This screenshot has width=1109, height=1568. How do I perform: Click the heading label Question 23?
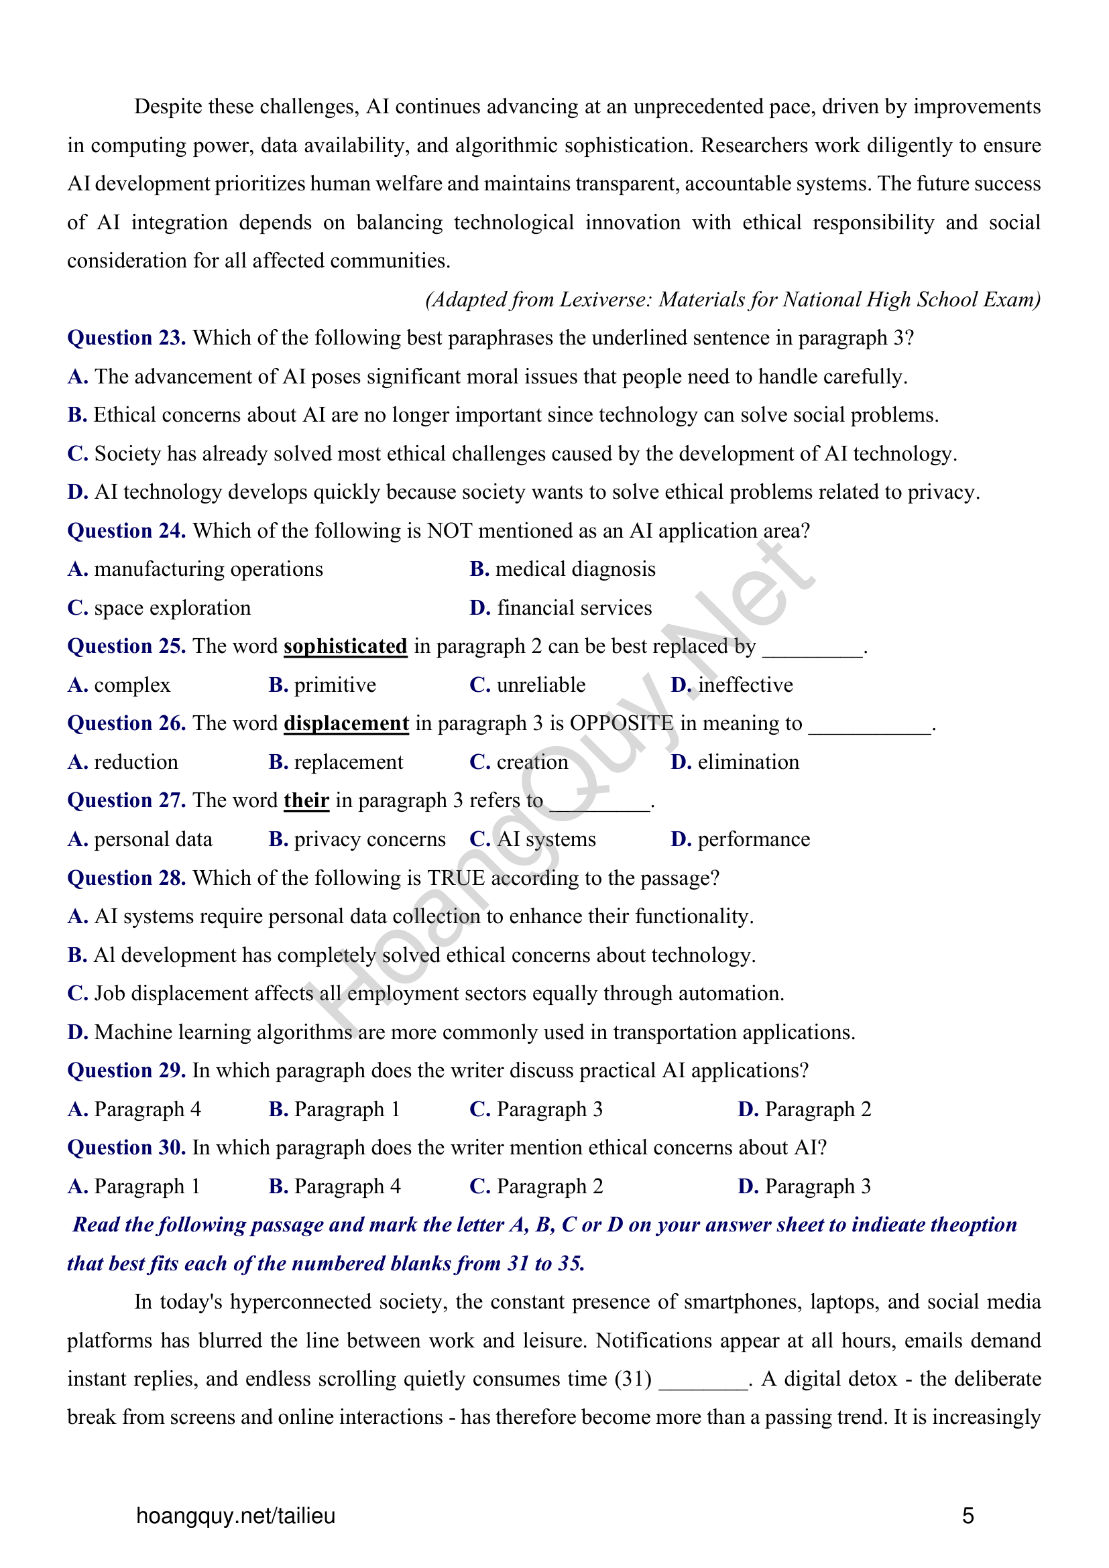coord(125,338)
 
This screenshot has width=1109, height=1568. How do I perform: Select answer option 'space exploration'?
coord(172,608)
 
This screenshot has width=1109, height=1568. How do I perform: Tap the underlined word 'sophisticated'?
coord(345,646)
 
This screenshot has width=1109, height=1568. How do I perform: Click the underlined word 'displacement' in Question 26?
coord(346,723)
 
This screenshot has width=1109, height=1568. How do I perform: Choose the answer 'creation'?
coord(532,762)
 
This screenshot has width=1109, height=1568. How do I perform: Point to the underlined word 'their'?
coord(306,800)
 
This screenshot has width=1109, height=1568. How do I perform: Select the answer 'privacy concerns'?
coord(369,839)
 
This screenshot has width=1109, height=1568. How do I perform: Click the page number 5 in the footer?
coord(968,1516)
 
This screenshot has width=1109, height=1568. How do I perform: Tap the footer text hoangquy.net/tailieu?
coord(235,1516)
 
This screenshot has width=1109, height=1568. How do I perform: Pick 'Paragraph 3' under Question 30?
coord(817,1187)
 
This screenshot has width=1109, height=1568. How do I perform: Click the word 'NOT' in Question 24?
coord(448,531)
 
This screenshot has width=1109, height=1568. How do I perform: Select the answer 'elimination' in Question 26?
coord(748,762)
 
